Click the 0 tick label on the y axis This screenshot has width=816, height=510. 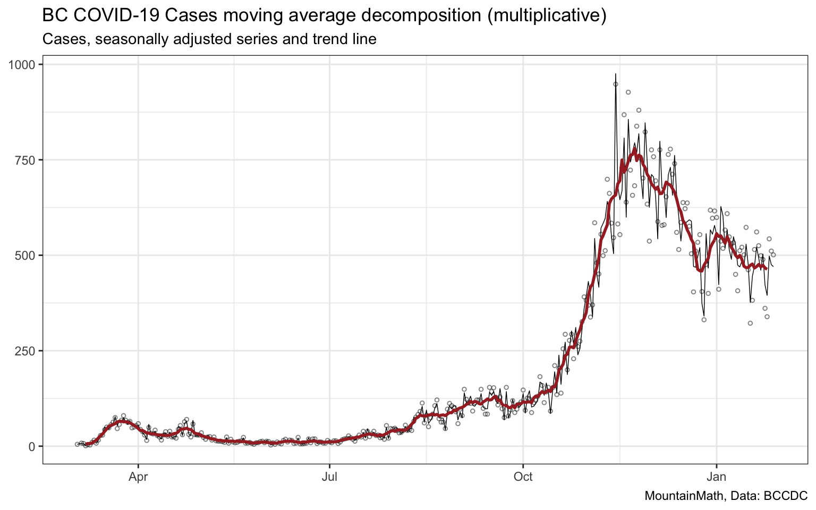32,446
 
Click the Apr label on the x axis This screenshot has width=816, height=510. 138,477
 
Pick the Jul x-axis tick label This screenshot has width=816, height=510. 330,477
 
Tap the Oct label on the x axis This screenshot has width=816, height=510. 523,477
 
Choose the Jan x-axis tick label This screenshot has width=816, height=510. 717,477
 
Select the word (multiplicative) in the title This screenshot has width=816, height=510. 546,16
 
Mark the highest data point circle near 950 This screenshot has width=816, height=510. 616,84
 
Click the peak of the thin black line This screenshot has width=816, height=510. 615,74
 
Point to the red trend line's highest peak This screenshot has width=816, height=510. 634,149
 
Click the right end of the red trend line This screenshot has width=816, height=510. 766,268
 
